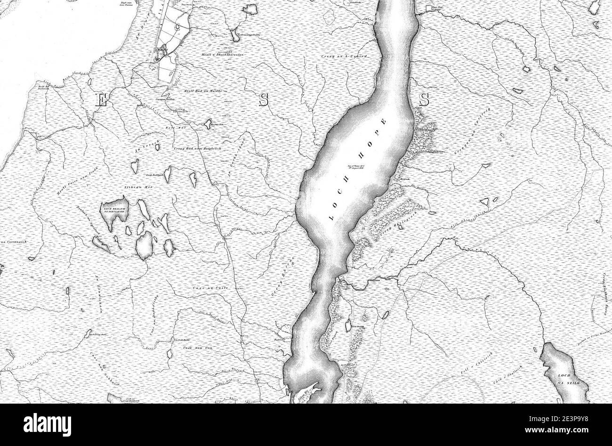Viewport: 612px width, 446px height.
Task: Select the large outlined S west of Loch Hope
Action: (x=264, y=100)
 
